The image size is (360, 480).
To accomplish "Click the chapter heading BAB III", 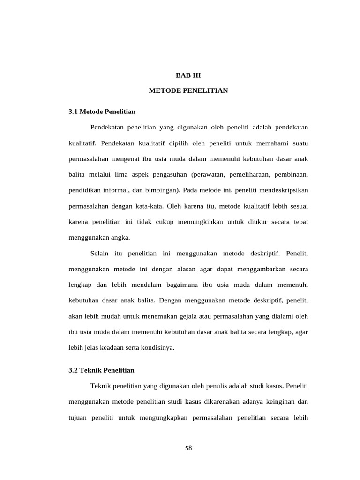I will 188,75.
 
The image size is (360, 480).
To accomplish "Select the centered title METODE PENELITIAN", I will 188,90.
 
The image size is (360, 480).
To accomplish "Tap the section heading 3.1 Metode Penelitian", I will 102,112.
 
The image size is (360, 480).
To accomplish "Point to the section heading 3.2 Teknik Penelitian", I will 101,370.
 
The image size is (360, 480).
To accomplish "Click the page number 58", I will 188,448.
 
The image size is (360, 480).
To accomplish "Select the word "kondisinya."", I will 154,348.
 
